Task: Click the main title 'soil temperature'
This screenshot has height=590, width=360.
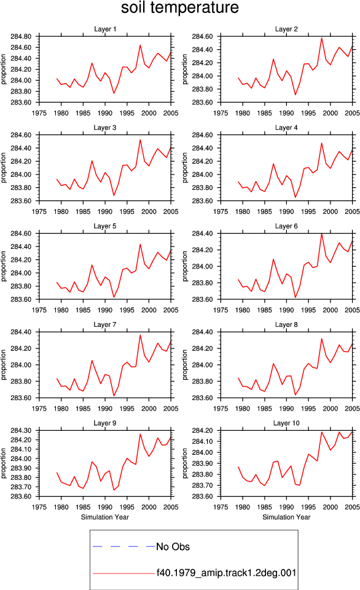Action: point(180,7)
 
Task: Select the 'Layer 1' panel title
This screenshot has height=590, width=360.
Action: point(105,29)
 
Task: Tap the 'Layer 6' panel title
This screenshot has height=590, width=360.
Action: point(286,226)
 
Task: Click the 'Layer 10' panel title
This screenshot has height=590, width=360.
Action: point(286,423)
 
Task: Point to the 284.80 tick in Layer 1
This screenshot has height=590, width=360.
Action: point(21,36)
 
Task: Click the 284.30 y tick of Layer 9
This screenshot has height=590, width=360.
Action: point(21,430)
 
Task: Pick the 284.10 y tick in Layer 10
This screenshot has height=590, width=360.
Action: point(202,441)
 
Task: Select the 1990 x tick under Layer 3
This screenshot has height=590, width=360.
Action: point(105,211)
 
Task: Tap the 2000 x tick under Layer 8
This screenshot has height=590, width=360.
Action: point(331,409)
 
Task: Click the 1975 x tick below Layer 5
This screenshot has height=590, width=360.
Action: point(39,310)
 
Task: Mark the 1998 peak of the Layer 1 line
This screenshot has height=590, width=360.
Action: point(140,45)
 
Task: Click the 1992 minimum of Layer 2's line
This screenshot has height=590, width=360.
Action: point(295,95)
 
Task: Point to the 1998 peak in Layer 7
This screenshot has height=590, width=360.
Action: point(140,335)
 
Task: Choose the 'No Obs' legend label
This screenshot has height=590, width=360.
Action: point(173,547)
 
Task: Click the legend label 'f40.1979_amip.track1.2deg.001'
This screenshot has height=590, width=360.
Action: point(227,573)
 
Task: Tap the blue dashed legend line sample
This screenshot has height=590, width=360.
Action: point(123,546)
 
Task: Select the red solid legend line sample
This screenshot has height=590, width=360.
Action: point(123,573)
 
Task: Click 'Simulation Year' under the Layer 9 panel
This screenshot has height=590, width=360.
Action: point(105,517)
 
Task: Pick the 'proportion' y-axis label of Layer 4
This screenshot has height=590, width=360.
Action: point(184,168)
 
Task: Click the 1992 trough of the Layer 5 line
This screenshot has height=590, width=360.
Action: point(114,297)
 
